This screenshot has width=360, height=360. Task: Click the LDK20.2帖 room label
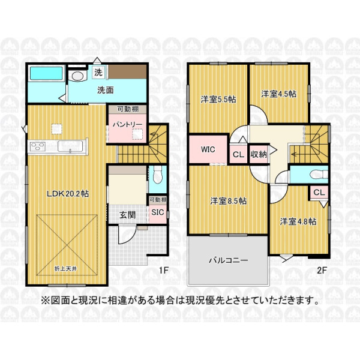(x=68, y=194)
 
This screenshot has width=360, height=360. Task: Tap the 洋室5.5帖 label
(x=218, y=100)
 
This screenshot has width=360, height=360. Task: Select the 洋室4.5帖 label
(x=279, y=94)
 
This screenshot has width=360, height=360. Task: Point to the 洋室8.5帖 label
(x=229, y=201)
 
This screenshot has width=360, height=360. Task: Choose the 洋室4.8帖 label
(x=298, y=221)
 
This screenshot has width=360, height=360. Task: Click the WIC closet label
(x=208, y=149)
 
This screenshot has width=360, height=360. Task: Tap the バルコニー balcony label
(x=228, y=260)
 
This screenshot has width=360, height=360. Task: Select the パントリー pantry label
(x=127, y=124)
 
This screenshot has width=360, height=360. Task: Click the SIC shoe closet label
(x=158, y=212)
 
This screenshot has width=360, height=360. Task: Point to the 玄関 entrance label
(x=127, y=215)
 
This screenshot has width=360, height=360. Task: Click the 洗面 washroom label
(x=106, y=90)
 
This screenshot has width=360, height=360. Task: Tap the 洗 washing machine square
(x=98, y=72)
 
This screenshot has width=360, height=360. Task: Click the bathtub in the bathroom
(x=46, y=73)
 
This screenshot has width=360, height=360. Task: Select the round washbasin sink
(x=78, y=76)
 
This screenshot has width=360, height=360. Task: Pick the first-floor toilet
(x=157, y=175)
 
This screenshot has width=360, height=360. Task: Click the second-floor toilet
(x=319, y=174)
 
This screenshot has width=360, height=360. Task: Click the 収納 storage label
(x=259, y=155)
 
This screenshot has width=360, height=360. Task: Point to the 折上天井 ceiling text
(x=65, y=269)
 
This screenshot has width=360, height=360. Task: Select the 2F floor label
(x=322, y=271)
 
